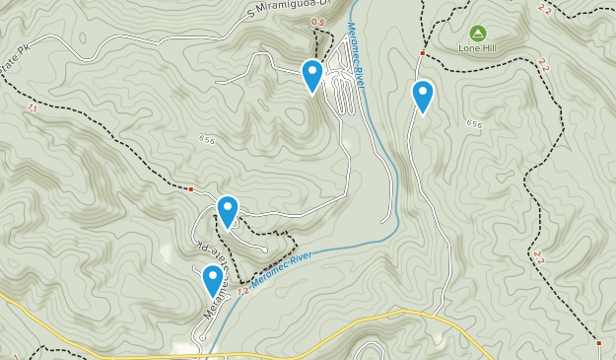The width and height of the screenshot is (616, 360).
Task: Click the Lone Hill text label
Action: point(477,47)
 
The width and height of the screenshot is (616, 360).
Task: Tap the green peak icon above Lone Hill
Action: point(477,33)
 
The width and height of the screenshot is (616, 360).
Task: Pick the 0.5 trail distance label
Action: point(316,22)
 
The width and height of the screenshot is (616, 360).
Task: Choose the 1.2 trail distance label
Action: point(242,291)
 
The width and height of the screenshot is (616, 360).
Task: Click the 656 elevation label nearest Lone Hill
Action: point(475,124)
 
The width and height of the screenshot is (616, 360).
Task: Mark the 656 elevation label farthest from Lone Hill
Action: point(206,139)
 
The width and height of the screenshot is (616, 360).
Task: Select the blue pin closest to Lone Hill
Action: point(423,96)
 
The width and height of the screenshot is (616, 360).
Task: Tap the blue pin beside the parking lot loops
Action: point(311,75)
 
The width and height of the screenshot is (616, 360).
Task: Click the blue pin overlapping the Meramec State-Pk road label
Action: point(213,280)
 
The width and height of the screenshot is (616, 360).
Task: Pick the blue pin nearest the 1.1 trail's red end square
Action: point(228,210)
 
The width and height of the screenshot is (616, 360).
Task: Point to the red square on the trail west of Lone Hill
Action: point(422,52)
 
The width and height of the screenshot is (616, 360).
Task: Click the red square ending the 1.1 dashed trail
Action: point(191,188)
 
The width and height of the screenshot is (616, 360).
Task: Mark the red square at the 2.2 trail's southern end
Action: point(599,342)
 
